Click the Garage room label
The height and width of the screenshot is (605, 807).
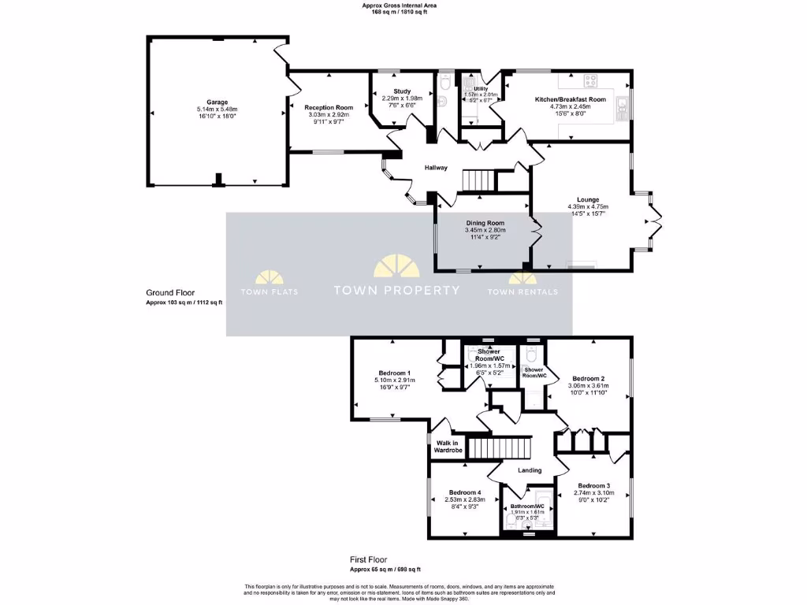click(x=217, y=102)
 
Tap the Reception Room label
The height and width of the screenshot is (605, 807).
click(x=329, y=107)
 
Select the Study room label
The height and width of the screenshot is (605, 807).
click(x=402, y=91)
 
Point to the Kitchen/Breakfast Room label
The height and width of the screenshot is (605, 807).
click(x=570, y=99)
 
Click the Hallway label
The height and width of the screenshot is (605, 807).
click(x=436, y=168)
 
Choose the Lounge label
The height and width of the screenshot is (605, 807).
click(x=587, y=200)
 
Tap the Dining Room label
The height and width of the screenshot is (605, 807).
click(x=485, y=223)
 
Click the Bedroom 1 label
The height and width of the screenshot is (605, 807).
click(x=395, y=373)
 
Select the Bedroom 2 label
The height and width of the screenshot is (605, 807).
click(x=588, y=379)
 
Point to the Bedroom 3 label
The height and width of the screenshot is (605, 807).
click(x=593, y=486)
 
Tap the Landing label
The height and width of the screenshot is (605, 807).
click(x=529, y=470)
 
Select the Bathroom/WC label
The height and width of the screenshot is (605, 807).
click(x=527, y=506)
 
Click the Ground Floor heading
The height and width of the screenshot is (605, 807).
click(x=169, y=292)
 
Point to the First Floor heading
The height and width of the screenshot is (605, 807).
click(x=368, y=559)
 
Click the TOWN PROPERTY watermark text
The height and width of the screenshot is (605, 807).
click(x=396, y=290)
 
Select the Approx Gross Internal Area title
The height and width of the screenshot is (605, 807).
click(x=399, y=5)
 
